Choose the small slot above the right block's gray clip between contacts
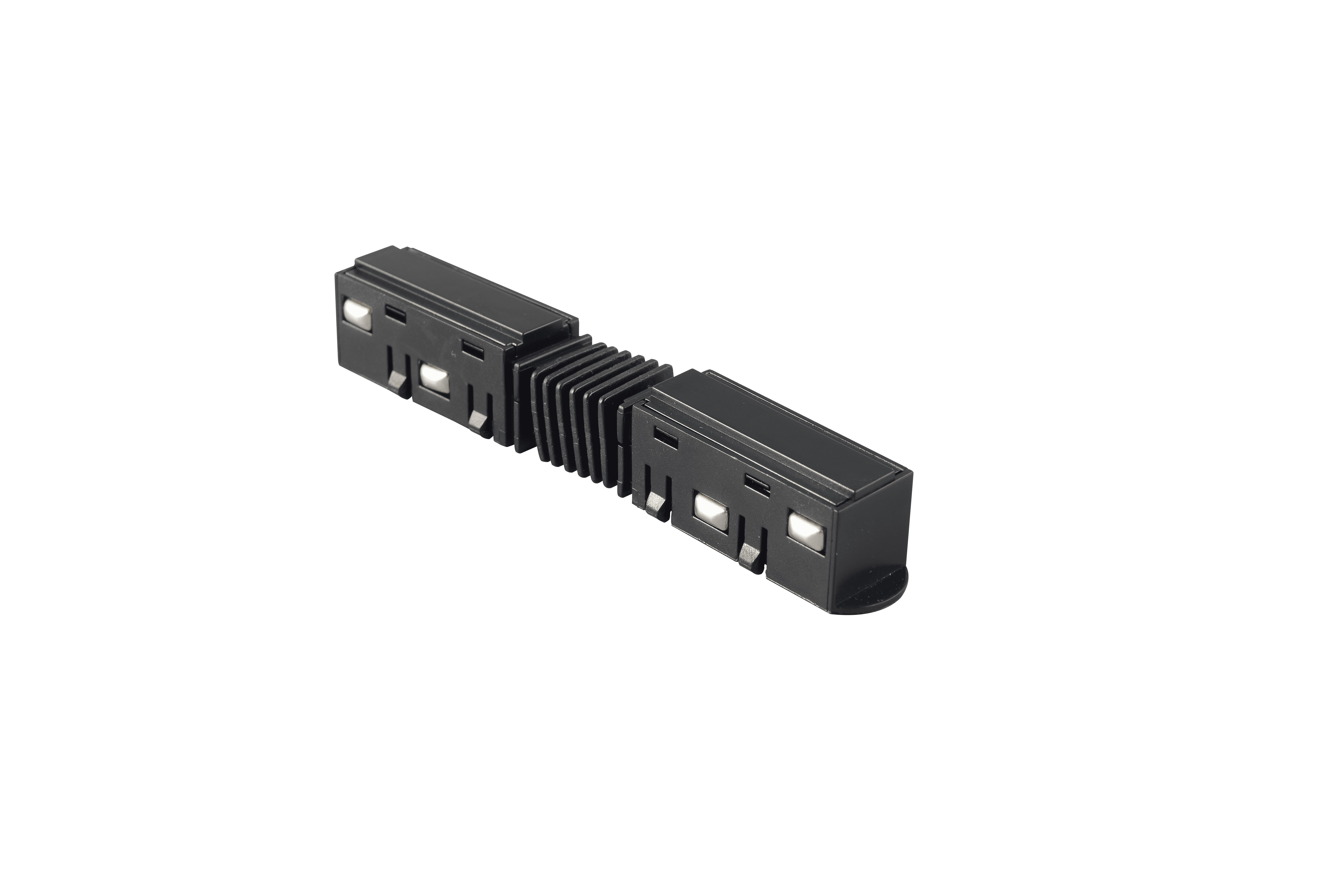coord(757,483)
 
